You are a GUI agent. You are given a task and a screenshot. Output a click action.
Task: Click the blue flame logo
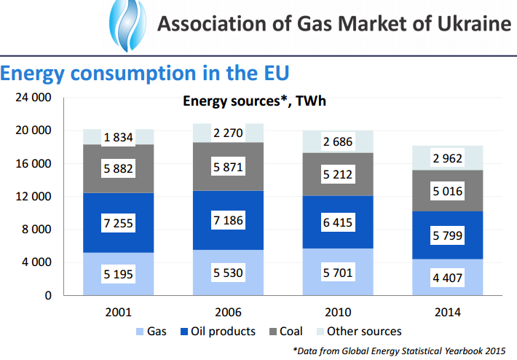(x=125, y=25)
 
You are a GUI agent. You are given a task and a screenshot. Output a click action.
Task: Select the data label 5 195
(x=118, y=275)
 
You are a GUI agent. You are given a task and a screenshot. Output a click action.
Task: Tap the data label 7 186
(x=228, y=219)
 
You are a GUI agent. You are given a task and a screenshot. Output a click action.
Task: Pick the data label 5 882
(x=118, y=168)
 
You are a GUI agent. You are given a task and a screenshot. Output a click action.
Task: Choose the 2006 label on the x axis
(x=228, y=312)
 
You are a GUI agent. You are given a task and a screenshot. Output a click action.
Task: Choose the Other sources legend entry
(x=357, y=332)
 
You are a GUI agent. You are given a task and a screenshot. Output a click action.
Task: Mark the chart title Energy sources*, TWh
(x=253, y=101)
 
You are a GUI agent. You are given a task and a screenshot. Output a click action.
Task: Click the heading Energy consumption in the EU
(x=145, y=74)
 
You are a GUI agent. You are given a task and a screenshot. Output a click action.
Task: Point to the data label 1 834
(x=118, y=138)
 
